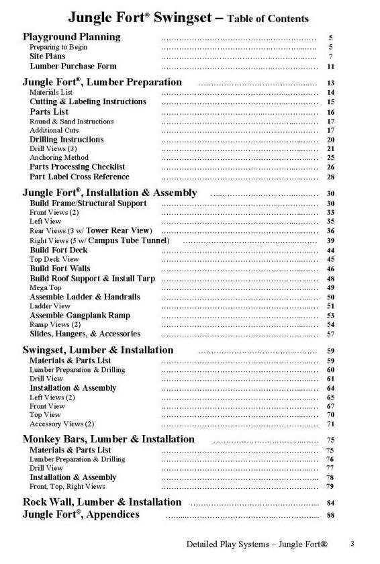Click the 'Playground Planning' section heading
[72, 37]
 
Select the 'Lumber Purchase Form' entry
[73, 66]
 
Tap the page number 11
[330, 67]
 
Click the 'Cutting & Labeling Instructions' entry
[87, 101]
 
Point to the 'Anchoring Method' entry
[58, 158]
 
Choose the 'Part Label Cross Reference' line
[79, 177]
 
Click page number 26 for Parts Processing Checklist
[330, 167]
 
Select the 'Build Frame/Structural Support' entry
[88, 203]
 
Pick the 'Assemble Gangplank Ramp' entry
[80, 315]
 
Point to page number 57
[330, 334]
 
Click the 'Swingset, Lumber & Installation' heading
[98, 350]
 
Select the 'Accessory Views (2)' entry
[62, 424]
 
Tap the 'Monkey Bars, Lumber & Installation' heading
[109, 439]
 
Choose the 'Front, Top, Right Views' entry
[67, 486]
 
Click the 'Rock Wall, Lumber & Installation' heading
[102, 502]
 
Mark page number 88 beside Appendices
[330, 515]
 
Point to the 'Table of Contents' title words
[269, 19]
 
